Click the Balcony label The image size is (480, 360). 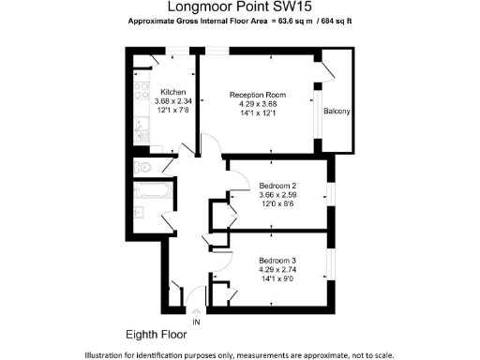pos(337,112)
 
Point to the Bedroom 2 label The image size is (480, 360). pos(277,186)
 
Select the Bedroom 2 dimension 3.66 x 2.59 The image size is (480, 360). pos(277,196)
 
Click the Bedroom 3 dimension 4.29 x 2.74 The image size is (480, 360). pos(277,269)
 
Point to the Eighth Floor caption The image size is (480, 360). pos(156,334)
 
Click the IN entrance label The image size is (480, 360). pos(196,322)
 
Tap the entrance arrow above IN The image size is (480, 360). pos(196,310)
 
